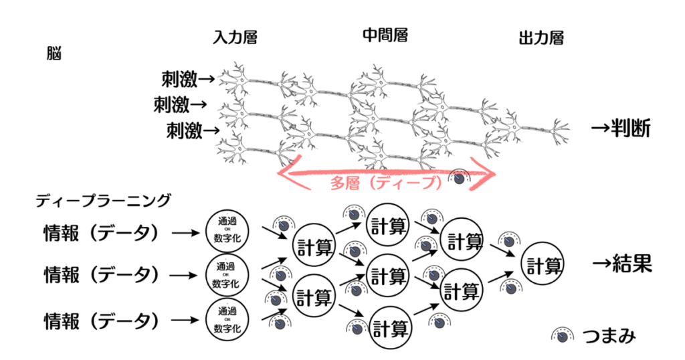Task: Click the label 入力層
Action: (x=234, y=37)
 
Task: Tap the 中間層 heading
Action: (x=385, y=34)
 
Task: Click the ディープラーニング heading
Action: (x=104, y=199)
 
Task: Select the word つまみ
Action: (x=607, y=336)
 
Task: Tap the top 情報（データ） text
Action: (x=101, y=232)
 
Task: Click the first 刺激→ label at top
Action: (x=188, y=80)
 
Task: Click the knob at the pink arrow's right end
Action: (x=460, y=179)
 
